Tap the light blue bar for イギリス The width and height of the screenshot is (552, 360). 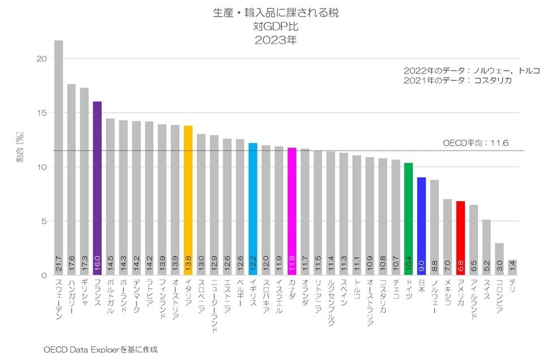pos(253,209)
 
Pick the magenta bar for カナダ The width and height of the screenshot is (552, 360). pos(292,211)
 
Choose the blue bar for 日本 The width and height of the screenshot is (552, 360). pos(421,226)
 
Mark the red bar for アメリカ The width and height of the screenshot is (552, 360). pos(460,238)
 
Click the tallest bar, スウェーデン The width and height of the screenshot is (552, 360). pos(58,158)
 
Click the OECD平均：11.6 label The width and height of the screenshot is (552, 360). pos(476,144)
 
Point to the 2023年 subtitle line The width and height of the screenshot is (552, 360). pos(275,40)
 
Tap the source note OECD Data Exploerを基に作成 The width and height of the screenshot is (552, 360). pos(101,349)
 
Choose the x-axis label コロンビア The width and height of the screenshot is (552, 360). pos(499,298)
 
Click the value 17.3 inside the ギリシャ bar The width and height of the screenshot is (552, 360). pos(84,263)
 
